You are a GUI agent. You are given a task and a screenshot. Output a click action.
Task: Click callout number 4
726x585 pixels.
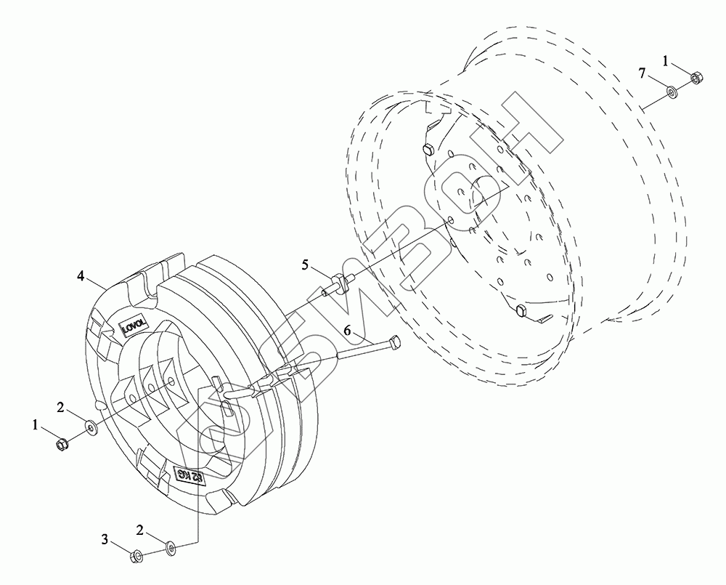coord(81,276)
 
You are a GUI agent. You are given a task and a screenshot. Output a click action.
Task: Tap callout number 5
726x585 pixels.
coord(306,265)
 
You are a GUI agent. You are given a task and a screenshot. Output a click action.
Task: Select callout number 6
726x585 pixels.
coord(347,331)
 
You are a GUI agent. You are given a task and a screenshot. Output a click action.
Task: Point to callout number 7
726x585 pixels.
coord(642,73)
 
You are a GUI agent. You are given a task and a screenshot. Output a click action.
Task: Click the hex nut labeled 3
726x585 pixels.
coord(136,557)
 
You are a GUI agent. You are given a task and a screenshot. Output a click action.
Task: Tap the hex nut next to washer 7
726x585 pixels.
coord(694,76)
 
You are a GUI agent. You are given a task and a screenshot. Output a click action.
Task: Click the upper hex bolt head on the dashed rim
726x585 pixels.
coord(428,150)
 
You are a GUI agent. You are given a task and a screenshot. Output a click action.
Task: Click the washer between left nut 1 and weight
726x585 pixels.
coord(90,426)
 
